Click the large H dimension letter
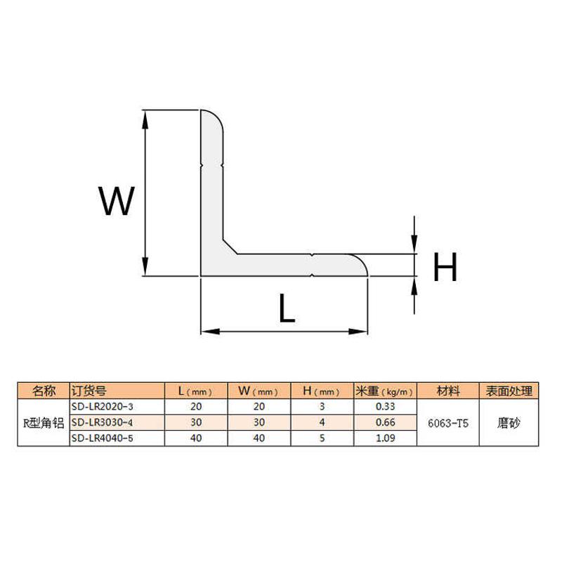(x=445, y=267)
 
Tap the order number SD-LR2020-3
(x=101, y=407)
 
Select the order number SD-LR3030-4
(x=101, y=422)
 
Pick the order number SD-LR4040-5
(x=101, y=438)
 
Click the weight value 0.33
(x=386, y=407)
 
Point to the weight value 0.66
(x=386, y=422)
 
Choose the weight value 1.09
(x=386, y=438)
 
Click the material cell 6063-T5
(x=448, y=423)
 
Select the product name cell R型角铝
(x=44, y=423)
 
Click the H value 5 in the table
(x=322, y=438)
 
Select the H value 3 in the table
(x=322, y=407)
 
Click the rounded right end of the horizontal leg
(x=358, y=266)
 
